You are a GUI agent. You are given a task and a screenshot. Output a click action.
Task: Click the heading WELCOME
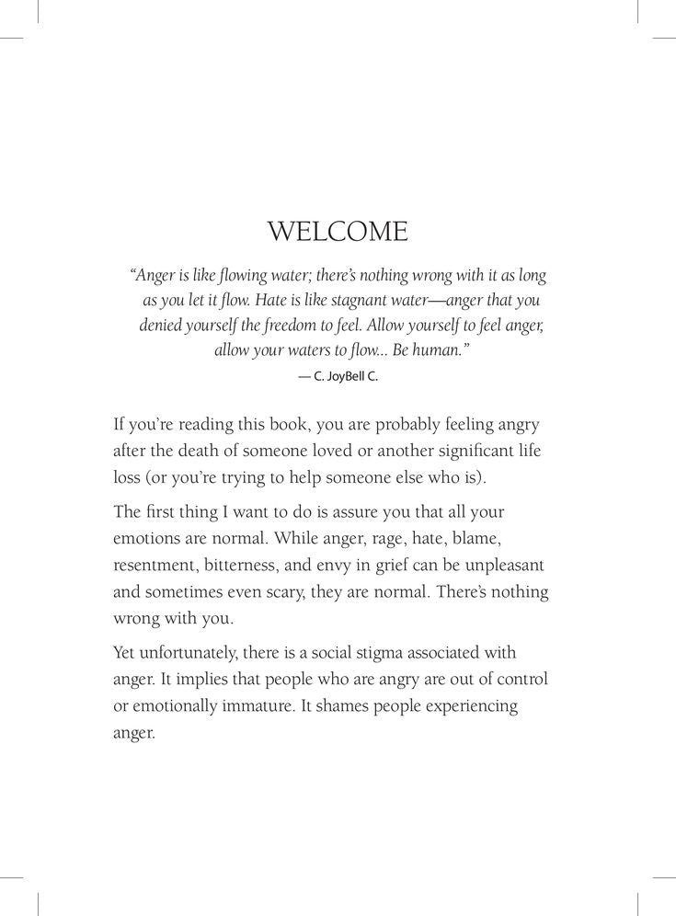pos(338,231)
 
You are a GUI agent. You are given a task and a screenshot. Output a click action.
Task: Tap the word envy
pos(356,565)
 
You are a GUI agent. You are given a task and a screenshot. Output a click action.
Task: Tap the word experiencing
pos(466,706)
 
